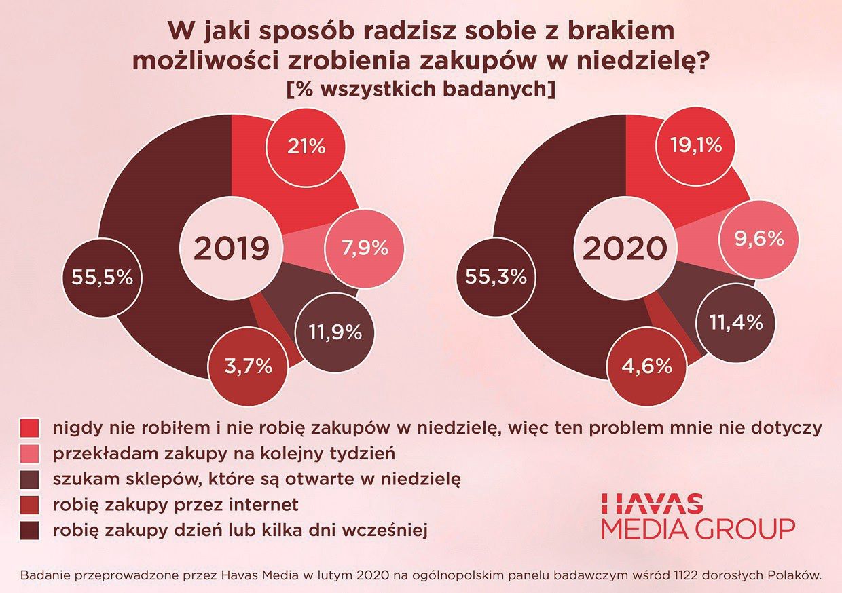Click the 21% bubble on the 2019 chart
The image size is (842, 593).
(x=306, y=146)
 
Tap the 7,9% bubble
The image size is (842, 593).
(x=365, y=248)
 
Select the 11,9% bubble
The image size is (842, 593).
(x=335, y=332)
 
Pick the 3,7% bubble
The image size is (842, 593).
(x=248, y=367)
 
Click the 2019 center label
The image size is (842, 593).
(x=232, y=249)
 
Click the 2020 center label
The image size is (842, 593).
(x=625, y=249)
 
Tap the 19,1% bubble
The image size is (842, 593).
(x=696, y=146)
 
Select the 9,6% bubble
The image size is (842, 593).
(x=758, y=239)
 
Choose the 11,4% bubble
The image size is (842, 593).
(x=735, y=322)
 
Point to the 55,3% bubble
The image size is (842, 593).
(x=496, y=277)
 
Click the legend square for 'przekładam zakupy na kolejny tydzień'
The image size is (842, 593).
(x=30, y=453)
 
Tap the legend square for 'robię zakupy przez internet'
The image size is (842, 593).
(x=30, y=505)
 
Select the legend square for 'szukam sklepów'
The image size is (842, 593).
(x=30, y=479)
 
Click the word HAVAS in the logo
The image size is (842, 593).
(x=653, y=503)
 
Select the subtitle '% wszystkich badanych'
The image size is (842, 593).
(x=421, y=89)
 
